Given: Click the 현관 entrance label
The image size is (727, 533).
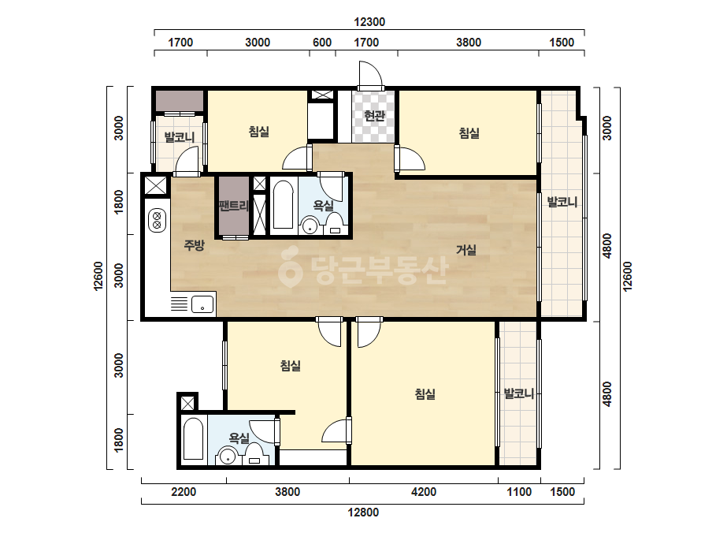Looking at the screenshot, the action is [374, 115].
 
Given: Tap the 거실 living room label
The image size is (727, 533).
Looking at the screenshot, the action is [466, 250].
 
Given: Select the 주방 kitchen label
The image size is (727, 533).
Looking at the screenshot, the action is [194, 244].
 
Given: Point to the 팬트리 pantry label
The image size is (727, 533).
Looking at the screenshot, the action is [234, 205].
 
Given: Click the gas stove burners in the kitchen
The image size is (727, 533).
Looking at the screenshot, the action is [158, 220].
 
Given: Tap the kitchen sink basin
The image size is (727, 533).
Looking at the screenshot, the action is [202, 304].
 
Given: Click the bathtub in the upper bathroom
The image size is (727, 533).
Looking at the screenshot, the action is [283, 204].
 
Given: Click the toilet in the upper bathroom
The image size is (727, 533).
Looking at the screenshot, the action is [335, 223].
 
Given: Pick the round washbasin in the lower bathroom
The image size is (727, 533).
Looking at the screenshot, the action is [227, 456].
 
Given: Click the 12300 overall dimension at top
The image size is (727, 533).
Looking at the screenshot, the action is [369, 22].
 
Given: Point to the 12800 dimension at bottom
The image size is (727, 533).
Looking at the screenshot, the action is [363, 512].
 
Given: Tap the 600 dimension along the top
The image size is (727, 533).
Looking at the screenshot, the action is [322, 43].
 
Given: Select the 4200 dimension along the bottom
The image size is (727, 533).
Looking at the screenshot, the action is [424, 492].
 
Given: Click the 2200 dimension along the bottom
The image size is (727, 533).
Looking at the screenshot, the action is [184, 492].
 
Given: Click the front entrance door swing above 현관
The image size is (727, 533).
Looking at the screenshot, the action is [370, 74].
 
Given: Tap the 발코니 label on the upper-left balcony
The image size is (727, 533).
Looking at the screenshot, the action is [180, 137].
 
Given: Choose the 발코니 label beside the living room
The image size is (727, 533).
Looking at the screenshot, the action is [562, 202].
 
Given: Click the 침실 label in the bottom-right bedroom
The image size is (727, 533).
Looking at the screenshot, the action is [425, 394].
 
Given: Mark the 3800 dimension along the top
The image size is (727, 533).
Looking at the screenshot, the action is [469, 43].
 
